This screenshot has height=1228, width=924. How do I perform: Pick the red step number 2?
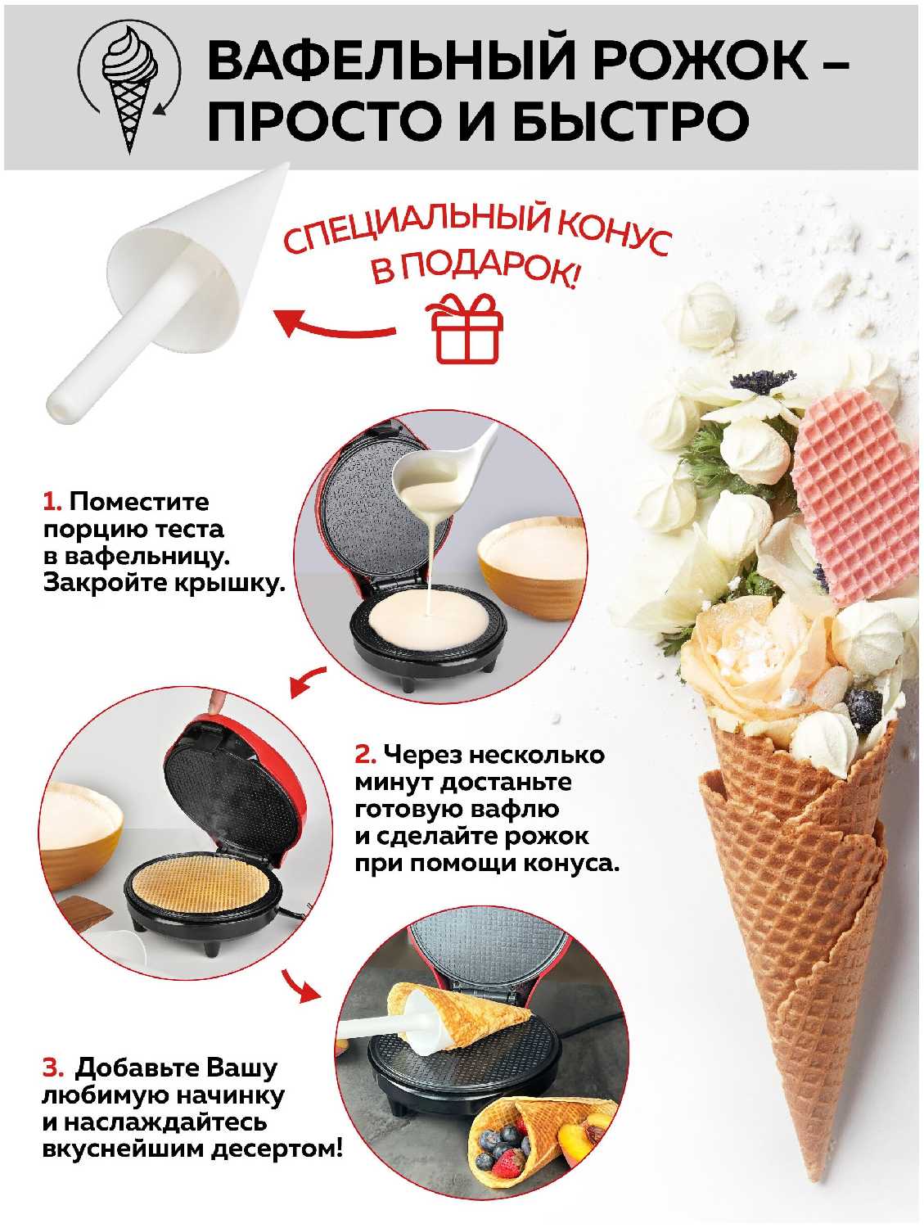[364, 754]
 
